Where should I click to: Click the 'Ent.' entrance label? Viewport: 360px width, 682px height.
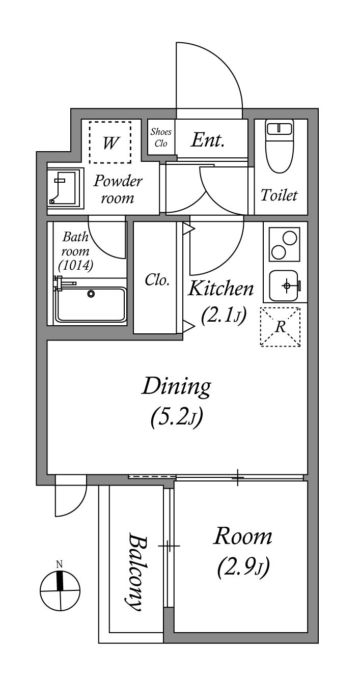pos(208,140)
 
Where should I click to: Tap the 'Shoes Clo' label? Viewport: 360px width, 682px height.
pos(161,137)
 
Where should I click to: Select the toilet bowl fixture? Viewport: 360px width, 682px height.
pos(279,146)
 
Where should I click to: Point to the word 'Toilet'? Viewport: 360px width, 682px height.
pos(279,195)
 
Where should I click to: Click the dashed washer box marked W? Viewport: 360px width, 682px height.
pos(110,142)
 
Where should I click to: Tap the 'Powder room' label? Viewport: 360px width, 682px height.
pos(118,189)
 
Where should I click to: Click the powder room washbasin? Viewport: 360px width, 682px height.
pos(66,189)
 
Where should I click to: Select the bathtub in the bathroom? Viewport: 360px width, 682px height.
pos(91,304)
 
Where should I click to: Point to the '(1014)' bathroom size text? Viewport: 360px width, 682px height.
pos(76,266)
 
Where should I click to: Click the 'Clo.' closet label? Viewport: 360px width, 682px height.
pos(157,279)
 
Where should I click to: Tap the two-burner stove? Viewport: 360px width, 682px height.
pos(285,244)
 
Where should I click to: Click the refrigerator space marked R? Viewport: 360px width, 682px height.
pos(280,327)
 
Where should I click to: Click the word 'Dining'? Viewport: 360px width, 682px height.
pos(176,387)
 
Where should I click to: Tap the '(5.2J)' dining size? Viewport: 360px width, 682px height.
pos(177,418)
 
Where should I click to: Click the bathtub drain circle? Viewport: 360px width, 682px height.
pos(91,294)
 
